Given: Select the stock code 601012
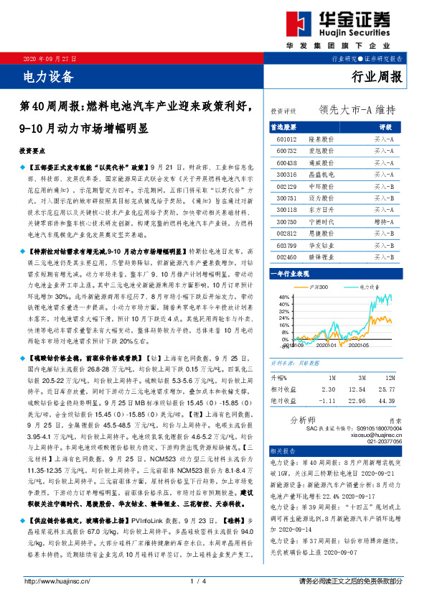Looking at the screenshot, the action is click(286, 138).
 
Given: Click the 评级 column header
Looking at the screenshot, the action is click(385, 126).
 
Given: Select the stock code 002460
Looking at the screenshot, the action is click(286, 257).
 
